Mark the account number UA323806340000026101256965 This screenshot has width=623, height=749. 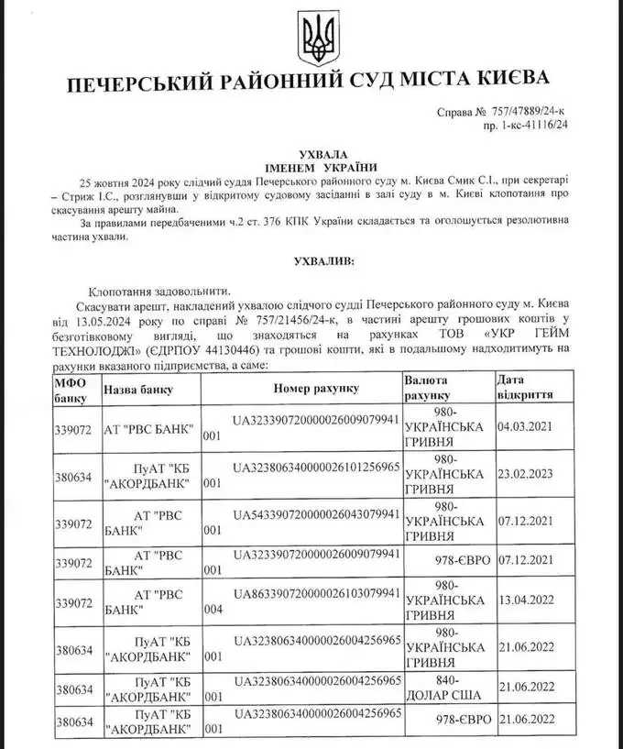(x=316, y=466)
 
